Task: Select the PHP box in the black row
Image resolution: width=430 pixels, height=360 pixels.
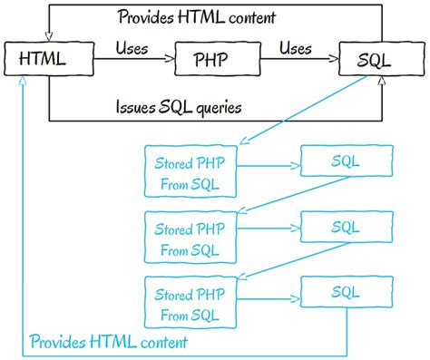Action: [x=210, y=61]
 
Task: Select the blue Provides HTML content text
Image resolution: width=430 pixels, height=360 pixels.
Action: [x=109, y=342]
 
